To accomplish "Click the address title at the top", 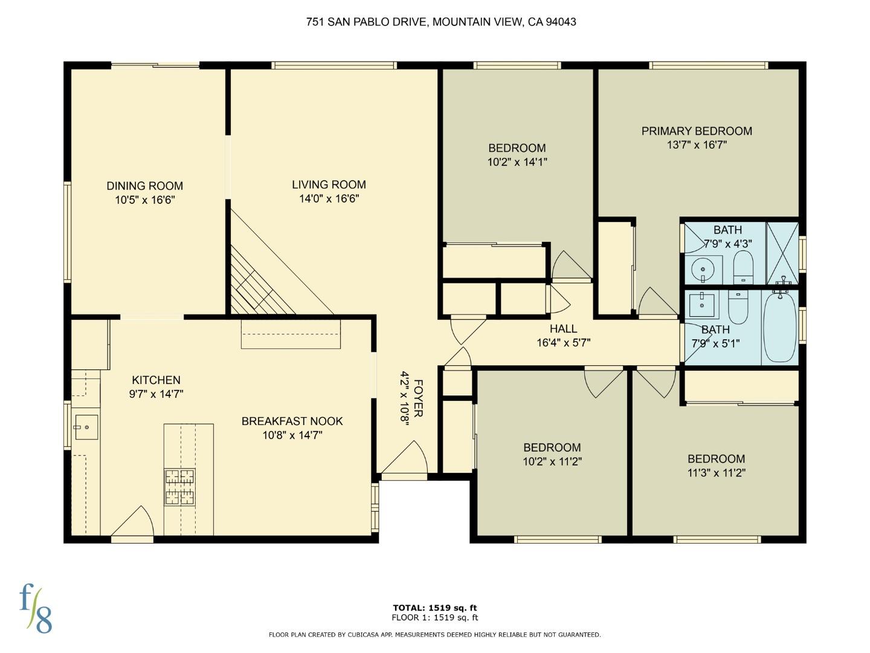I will click(x=440, y=22).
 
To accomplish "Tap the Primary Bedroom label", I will click(x=697, y=131).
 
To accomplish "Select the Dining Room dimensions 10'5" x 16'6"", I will click(x=144, y=200).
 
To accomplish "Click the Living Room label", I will click(x=329, y=184).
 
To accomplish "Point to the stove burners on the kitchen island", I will click(x=180, y=487).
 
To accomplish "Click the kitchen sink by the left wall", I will click(x=86, y=427).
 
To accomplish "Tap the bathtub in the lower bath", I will click(x=780, y=327).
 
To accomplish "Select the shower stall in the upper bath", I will click(x=782, y=253).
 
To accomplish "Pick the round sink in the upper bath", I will click(x=703, y=268).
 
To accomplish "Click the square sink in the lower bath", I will click(x=701, y=302).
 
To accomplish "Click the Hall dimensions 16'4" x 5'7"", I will click(x=563, y=343).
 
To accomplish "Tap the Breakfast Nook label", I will click(x=292, y=421).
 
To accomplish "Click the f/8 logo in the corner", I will click(x=36, y=608).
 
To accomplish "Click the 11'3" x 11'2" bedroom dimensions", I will click(x=716, y=473).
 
